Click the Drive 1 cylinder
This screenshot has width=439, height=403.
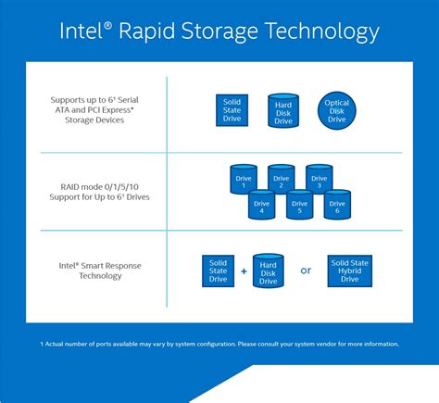click(x=243, y=178)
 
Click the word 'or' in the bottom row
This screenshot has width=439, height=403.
click(x=305, y=271)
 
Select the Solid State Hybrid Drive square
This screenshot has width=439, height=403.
click(x=349, y=270)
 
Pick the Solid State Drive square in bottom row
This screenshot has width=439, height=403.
click(x=219, y=270)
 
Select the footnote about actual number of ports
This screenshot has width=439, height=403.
click(x=219, y=344)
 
